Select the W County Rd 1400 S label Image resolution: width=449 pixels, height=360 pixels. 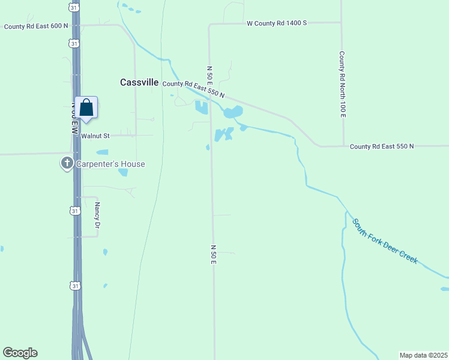pos(277,23)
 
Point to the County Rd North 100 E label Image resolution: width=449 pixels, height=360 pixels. pos(342,84)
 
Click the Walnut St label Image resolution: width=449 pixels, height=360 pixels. pos(95,136)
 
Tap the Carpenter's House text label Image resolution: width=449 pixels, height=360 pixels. pos(110,164)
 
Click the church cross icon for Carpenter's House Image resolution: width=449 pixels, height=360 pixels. pos(67,163)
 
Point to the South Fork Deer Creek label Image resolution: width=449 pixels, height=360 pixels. pos(385,241)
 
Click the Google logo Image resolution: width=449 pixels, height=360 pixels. pos(20,353)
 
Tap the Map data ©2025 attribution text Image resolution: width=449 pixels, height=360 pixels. pos(423,355)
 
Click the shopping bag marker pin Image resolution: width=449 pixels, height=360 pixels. pos(86,108)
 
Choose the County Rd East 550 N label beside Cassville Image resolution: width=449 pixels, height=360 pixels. pos(193,89)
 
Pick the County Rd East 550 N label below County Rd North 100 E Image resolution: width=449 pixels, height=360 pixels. pos(382,146)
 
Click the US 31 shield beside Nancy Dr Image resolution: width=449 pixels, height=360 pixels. pos(74,211)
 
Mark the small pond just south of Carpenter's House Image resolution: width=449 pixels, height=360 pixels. pos(123,173)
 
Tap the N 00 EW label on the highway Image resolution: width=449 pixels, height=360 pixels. pos(75,118)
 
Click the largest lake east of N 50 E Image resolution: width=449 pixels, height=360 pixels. pos(232,112)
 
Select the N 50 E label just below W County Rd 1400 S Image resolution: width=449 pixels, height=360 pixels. pos(210,74)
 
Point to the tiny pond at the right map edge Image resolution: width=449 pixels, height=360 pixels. pos(444,289)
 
